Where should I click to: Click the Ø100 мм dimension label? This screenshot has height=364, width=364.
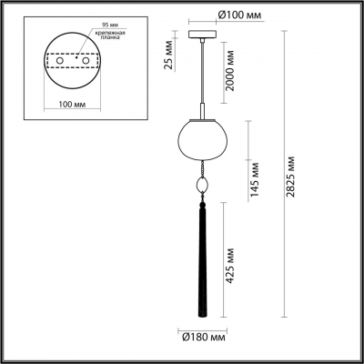coord(216,15)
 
